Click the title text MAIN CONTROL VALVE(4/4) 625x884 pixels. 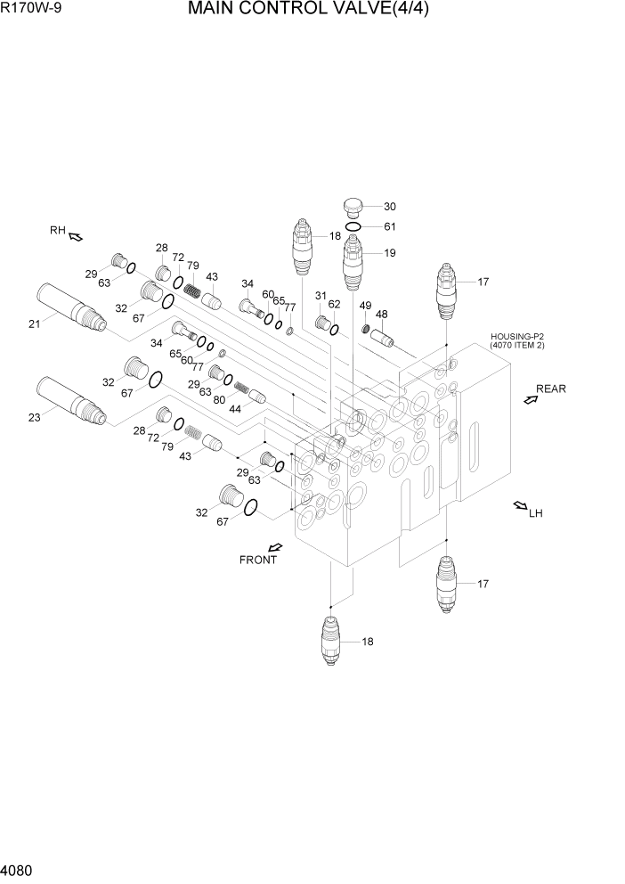click(x=314, y=12)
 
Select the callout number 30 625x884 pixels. click(x=389, y=206)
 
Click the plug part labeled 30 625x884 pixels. click(x=354, y=208)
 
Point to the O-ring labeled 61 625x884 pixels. click(x=353, y=227)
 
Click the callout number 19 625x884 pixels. click(x=389, y=253)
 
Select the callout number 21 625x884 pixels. click(x=34, y=323)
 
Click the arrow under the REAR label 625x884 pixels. click(x=530, y=400)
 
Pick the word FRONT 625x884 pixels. click(x=258, y=561)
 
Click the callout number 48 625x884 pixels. click(x=381, y=315)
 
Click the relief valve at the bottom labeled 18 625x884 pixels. click(x=330, y=642)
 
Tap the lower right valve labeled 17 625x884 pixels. click(x=447, y=585)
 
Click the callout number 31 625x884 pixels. click(x=321, y=297)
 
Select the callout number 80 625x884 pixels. click(x=219, y=400)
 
